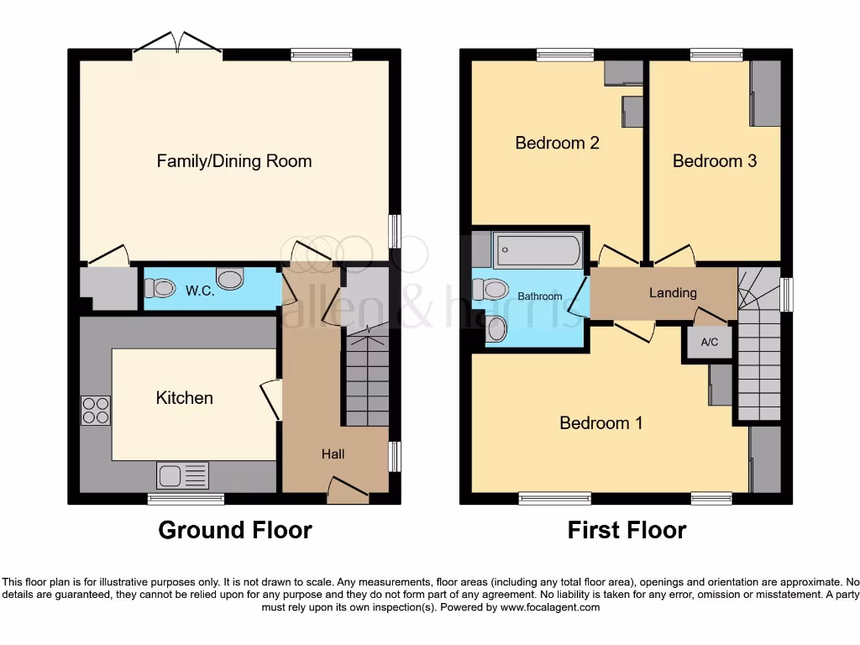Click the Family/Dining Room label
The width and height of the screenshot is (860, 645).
point(234,161)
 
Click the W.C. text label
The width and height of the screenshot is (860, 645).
point(198,291)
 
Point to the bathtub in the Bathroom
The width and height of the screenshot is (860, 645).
point(537,249)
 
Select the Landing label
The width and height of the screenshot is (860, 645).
point(673,293)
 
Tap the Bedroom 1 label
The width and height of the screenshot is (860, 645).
point(601,422)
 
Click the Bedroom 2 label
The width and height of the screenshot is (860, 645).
point(557,143)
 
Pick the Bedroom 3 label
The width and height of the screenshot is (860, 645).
point(714,160)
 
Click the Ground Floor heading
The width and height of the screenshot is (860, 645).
point(235,530)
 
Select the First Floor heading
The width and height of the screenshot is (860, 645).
point(627,530)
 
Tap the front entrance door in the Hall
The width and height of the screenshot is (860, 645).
point(347,490)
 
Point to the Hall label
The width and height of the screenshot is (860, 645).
point(333,454)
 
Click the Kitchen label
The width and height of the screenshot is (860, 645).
point(185,398)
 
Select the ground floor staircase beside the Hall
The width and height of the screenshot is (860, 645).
point(367,378)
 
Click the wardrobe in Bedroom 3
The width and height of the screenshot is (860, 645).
point(765,93)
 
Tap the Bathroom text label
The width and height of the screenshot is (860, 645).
point(539,296)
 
